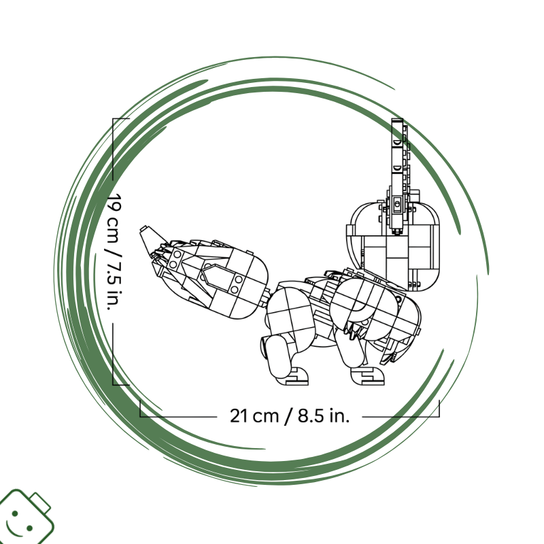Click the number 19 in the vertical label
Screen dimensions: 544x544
(x=114, y=203)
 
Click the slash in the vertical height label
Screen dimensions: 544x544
(x=114, y=252)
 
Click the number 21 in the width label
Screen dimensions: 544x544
(x=239, y=415)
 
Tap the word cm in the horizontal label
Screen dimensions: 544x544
(x=265, y=417)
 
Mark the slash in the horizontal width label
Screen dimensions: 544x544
(x=288, y=416)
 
